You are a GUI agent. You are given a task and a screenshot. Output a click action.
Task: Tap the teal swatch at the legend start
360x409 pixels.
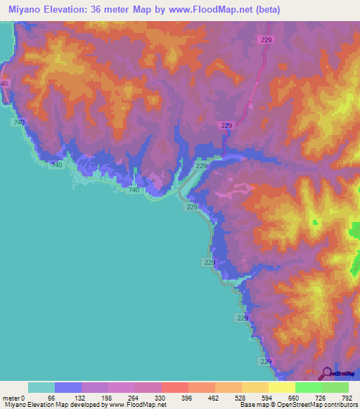(x=41, y=387)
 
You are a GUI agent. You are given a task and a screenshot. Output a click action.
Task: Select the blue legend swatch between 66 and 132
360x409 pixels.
(x=68, y=387)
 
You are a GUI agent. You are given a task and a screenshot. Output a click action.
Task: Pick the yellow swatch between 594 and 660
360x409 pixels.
(x=281, y=387)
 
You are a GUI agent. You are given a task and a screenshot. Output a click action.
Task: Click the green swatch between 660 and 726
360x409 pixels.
(x=308, y=387)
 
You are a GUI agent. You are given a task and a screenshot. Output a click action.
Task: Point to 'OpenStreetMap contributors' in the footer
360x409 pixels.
(x=323, y=405)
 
